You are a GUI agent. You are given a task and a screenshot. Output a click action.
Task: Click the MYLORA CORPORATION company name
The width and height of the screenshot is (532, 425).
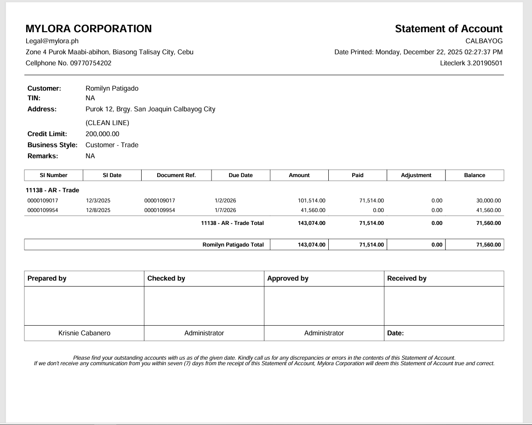(x=89, y=29)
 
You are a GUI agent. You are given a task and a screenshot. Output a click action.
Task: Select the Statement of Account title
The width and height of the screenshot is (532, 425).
(x=448, y=29)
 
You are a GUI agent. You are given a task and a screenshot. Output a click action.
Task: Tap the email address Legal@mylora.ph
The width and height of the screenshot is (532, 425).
(x=52, y=41)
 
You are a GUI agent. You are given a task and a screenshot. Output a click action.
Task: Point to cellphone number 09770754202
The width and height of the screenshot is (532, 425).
(x=91, y=63)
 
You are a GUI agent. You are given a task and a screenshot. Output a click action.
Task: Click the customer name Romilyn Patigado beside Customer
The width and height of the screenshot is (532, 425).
(x=112, y=88)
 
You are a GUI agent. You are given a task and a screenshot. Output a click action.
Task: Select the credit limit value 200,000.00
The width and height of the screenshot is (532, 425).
(x=102, y=134)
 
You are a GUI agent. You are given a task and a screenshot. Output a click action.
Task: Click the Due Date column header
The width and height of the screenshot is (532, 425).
(x=240, y=175)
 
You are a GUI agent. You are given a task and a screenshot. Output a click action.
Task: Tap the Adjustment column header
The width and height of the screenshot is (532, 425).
(x=416, y=175)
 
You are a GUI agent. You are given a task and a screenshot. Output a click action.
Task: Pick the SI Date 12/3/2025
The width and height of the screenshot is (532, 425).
(x=98, y=201)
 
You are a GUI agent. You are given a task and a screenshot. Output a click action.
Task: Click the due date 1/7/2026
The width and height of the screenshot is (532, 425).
(x=225, y=210)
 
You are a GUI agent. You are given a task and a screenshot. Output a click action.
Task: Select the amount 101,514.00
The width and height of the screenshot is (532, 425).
(x=312, y=201)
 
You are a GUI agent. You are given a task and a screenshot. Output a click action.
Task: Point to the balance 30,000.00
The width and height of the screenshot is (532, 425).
(x=489, y=201)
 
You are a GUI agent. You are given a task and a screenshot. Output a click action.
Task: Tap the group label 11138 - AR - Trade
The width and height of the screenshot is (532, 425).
(x=52, y=190)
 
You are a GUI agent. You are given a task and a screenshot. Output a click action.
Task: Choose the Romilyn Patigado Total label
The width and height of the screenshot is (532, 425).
(x=233, y=245)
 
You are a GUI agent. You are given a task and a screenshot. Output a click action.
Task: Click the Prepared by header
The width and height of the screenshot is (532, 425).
(x=47, y=278)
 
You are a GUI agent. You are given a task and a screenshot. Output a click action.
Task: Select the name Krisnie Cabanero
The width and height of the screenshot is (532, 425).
(x=84, y=333)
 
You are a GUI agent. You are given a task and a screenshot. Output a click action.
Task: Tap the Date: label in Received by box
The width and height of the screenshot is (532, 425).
(x=395, y=333)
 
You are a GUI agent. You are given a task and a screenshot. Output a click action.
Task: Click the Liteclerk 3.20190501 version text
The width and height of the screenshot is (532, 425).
(x=471, y=63)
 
